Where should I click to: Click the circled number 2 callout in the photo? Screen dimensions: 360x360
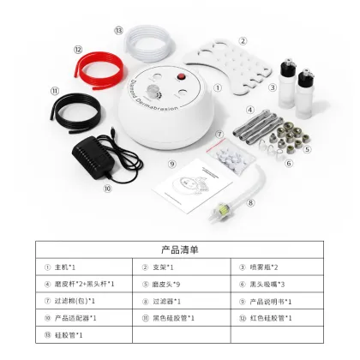pyautogui.click(x=243, y=40)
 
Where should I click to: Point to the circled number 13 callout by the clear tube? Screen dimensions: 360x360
pyautogui.click(x=117, y=29)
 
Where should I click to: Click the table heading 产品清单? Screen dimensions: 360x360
pyautogui.click(x=180, y=250)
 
